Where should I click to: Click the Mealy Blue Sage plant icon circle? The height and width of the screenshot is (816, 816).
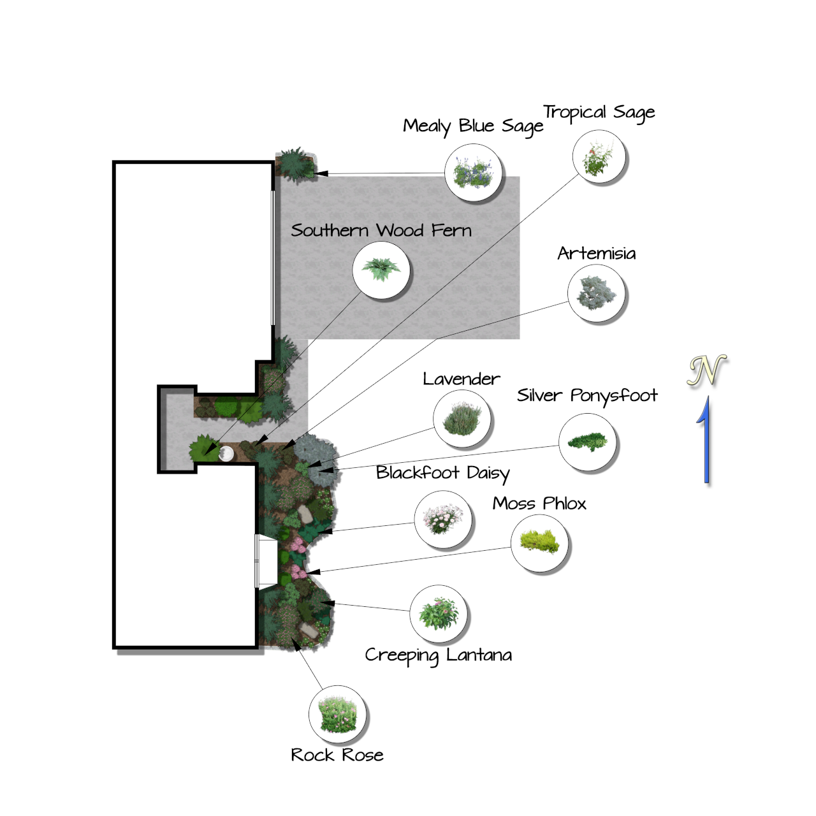click(473, 173)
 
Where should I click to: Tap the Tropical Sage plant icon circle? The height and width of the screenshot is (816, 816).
click(599, 157)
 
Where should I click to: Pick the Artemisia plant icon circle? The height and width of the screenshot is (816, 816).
click(597, 294)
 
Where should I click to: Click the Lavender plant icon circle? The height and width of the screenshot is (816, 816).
click(462, 419)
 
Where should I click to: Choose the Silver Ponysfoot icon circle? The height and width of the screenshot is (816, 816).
click(587, 442)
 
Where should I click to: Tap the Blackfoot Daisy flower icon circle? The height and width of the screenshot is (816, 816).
click(442, 520)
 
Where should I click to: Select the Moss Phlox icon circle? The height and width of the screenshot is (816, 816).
click(539, 543)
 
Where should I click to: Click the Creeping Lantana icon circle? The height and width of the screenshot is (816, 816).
click(438, 614)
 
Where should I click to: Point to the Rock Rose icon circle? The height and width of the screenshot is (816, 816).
click(337, 715)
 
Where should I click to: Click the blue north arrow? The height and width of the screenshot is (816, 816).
click(705, 440)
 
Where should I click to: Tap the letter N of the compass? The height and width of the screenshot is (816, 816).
click(706, 370)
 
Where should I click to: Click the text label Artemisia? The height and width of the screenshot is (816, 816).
click(596, 254)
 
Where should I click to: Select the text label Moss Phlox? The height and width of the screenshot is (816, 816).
click(539, 504)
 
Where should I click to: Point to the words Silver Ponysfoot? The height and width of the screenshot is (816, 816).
click(586, 396)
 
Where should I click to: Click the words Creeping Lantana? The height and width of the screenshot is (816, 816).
click(438, 655)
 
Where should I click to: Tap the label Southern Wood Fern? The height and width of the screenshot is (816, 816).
click(381, 230)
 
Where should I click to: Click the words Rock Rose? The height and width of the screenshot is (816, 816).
click(337, 755)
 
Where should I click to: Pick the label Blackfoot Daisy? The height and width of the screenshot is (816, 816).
click(442, 473)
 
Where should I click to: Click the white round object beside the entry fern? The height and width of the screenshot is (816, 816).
click(226, 454)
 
